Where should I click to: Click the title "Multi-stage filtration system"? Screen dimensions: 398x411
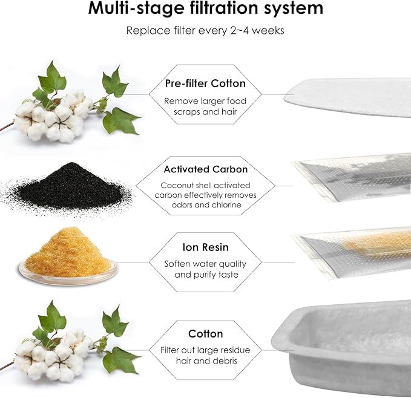(x=205, y=9)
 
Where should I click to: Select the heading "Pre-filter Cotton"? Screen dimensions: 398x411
(x=205, y=83)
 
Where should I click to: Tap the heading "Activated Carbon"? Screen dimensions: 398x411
(x=205, y=169)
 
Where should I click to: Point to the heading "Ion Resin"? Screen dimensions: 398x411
(x=205, y=247)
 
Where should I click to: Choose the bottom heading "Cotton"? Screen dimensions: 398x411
(x=205, y=333)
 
